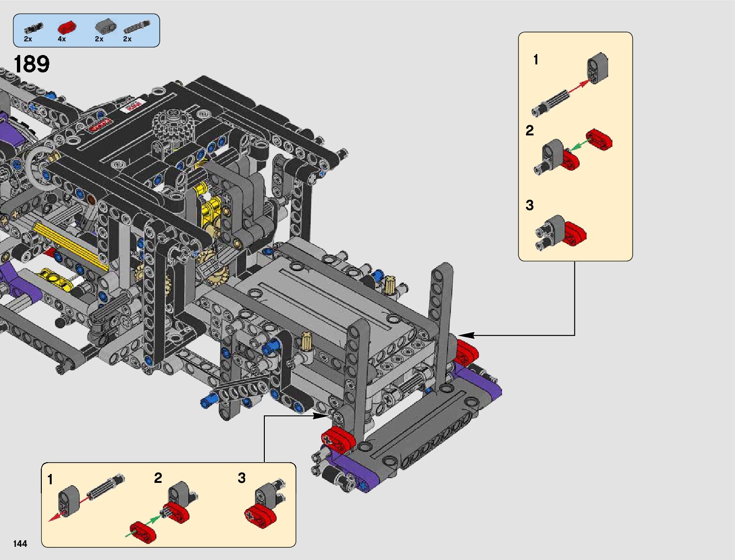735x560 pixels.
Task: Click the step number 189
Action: (31, 64)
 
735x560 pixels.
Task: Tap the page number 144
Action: (20, 544)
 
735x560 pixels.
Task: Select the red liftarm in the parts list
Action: (67, 28)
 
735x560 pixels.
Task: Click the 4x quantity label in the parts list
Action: (62, 39)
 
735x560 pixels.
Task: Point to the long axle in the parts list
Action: (137, 27)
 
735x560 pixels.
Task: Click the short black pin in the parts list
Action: (33, 28)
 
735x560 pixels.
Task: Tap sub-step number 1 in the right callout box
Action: (536, 60)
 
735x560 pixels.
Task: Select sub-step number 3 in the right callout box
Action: (529, 205)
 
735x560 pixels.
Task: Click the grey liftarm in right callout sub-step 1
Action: (598, 68)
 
